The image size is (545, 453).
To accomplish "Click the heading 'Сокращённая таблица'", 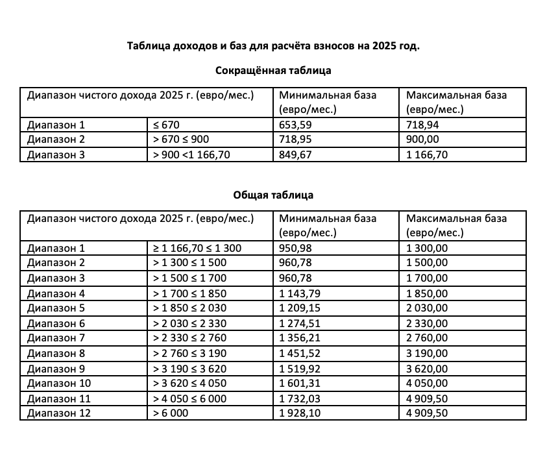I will click(x=272, y=70).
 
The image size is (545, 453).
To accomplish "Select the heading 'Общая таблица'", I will click(x=272, y=194).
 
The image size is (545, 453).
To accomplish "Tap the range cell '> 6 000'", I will click(x=172, y=412).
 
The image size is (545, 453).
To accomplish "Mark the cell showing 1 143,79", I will click(x=300, y=293).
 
